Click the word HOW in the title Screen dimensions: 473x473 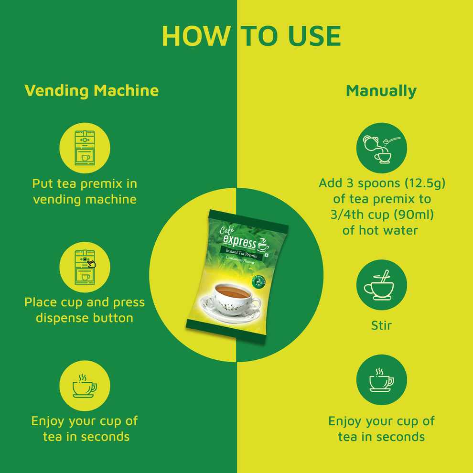point(196,36)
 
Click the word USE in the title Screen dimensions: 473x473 point(313,36)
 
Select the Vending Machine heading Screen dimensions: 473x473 point(91,90)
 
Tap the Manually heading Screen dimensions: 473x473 point(381,90)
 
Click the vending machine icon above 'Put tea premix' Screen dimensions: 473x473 point(85,148)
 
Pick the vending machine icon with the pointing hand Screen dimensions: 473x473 point(85,267)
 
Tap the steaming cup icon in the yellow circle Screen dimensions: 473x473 point(85,386)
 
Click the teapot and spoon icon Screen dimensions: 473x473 point(381,148)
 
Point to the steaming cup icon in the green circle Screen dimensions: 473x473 point(381,379)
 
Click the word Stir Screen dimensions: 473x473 point(381,326)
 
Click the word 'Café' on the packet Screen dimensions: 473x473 point(228,230)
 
